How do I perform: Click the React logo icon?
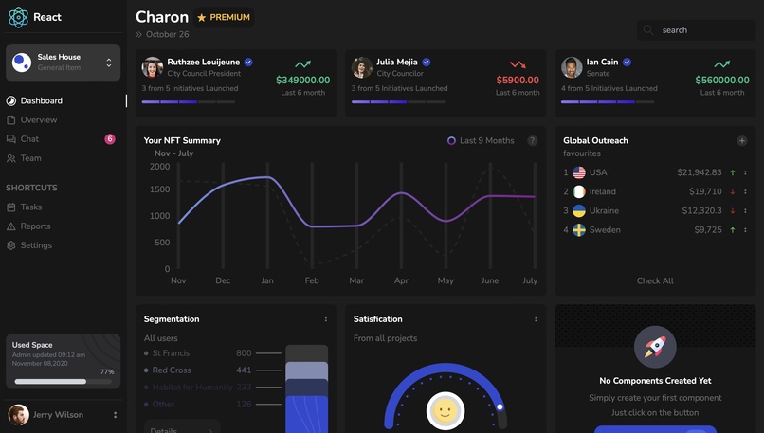tap(19, 17)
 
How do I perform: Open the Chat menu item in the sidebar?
tap(29, 139)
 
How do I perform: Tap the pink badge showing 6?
tap(110, 139)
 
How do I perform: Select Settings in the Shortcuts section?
tap(36, 245)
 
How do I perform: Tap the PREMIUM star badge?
tap(224, 18)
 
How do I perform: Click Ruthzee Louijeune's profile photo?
tap(153, 67)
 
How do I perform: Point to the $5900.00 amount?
tap(518, 81)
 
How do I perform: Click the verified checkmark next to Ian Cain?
tap(627, 63)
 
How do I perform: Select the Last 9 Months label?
tap(486, 141)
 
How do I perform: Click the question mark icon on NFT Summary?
tap(533, 141)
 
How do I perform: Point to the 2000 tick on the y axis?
tap(159, 167)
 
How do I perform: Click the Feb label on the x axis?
tap(312, 280)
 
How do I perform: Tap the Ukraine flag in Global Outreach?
tap(579, 210)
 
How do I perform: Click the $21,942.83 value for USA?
tap(699, 172)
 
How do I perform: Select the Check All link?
tap(655, 280)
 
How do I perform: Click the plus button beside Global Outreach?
tap(742, 141)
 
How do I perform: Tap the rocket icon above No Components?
tap(655, 347)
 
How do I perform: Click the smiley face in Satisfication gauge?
tap(446, 410)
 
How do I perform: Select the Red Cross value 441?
tap(244, 370)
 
